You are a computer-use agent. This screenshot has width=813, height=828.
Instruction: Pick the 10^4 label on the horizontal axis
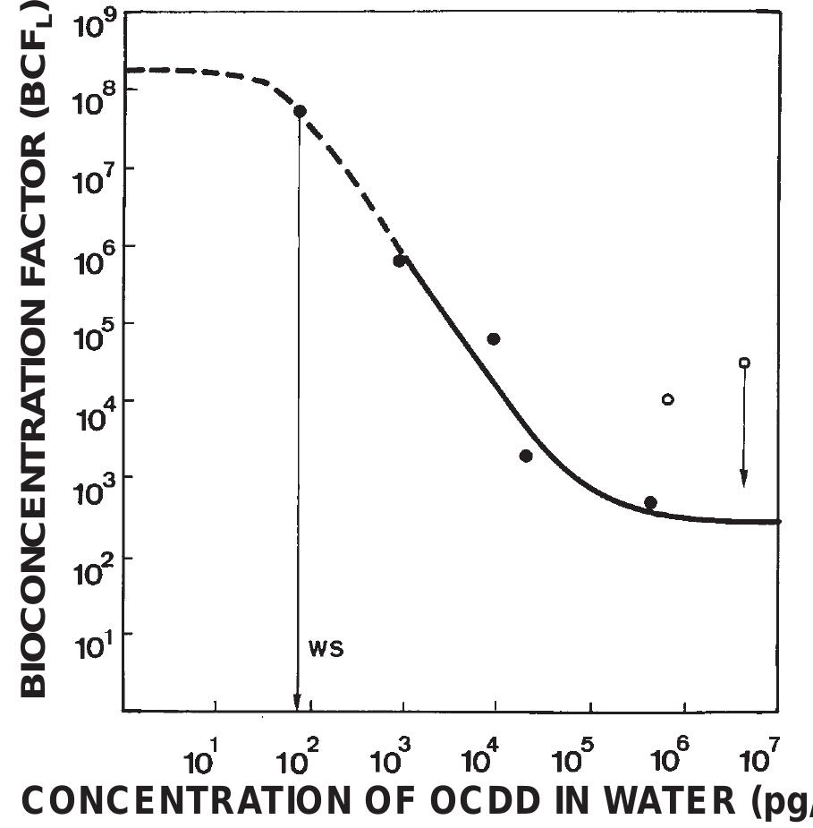(478, 760)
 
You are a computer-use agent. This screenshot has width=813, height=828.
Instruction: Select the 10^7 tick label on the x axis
(758, 760)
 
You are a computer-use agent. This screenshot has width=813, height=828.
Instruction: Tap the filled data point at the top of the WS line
(300, 111)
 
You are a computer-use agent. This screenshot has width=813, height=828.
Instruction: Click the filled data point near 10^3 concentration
(399, 260)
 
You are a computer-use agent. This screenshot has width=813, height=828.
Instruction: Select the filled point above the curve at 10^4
(493, 338)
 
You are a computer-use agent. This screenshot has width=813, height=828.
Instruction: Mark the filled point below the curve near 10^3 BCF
(526, 456)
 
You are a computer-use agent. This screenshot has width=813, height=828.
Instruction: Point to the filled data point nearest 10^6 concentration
(650, 502)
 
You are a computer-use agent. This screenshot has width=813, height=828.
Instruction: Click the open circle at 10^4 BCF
(667, 399)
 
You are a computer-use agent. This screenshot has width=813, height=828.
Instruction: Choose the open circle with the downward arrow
(744, 363)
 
